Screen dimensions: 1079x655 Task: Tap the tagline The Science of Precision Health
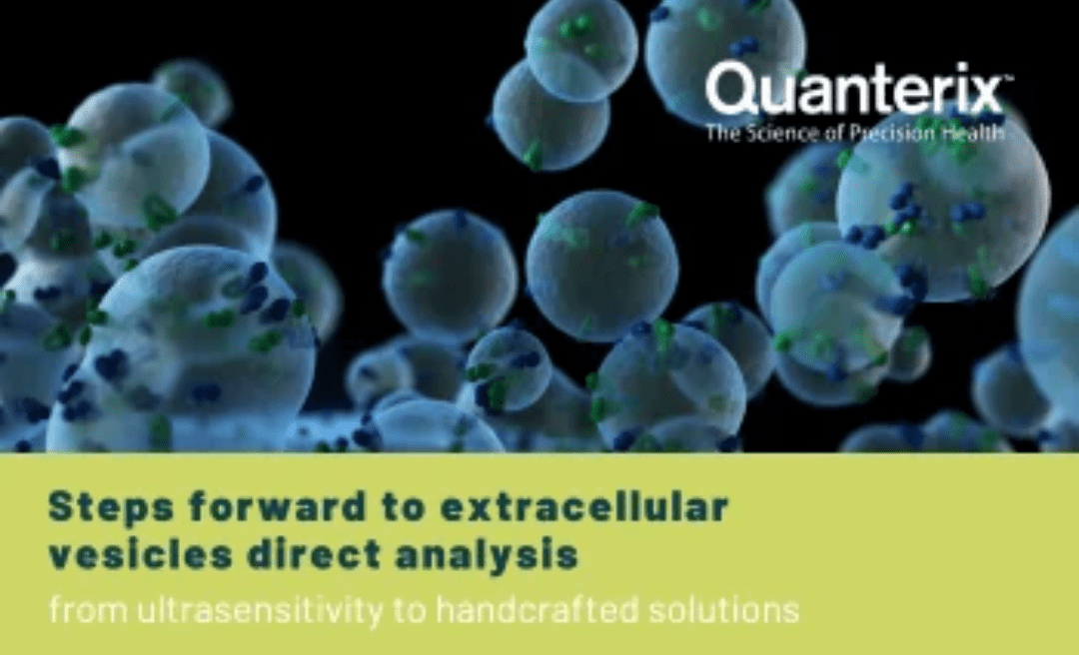(x=855, y=133)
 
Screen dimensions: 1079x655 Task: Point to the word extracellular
(x=583, y=507)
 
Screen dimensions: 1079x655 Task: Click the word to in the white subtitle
(x=410, y=610)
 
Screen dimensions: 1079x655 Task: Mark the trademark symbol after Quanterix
(x=1009, y=79)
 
